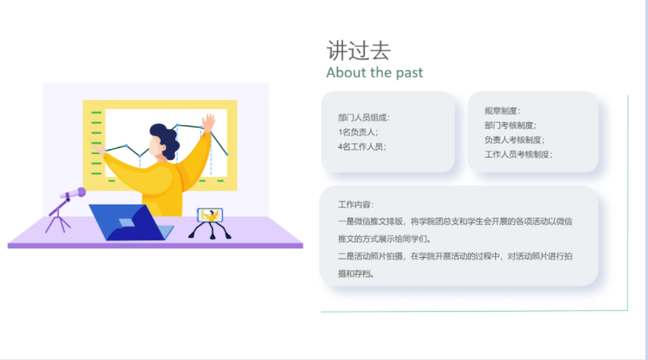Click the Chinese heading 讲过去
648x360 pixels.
359,51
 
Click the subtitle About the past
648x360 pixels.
375,72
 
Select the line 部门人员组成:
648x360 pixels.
363,117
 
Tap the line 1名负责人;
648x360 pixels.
358,132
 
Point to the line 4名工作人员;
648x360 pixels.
362,146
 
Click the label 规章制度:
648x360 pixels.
502,111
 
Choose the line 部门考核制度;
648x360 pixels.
511,125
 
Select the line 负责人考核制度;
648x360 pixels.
515,140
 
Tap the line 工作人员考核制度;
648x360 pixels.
519,154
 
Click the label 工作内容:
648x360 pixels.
356,204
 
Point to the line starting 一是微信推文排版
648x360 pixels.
455,222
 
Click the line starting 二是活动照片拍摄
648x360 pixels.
455,256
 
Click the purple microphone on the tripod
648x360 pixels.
72,194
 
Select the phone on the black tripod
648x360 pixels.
210,215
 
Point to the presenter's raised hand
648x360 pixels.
208,122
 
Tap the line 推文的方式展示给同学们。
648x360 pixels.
385,239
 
